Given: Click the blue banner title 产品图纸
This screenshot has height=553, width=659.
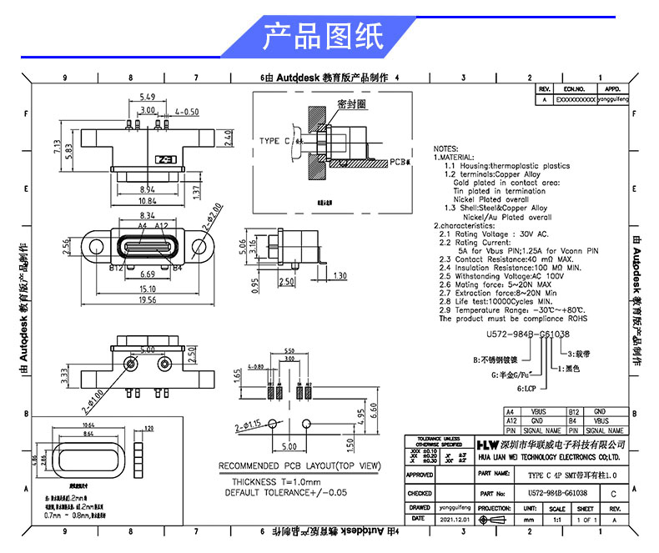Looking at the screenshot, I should coord(323,38).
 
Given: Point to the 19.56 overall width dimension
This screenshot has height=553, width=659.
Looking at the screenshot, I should coord(147,299).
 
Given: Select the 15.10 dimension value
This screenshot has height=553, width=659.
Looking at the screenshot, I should coord(147,288).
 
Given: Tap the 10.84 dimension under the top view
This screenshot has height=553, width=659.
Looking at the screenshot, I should coord(147,201).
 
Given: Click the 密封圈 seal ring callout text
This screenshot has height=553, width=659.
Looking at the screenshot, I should coord(353,104).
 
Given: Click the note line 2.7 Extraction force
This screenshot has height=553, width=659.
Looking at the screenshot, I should coord(497,294).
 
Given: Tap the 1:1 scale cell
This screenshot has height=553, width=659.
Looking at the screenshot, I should coord(556,519).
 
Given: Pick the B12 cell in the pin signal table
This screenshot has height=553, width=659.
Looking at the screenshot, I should coord(573,412).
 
